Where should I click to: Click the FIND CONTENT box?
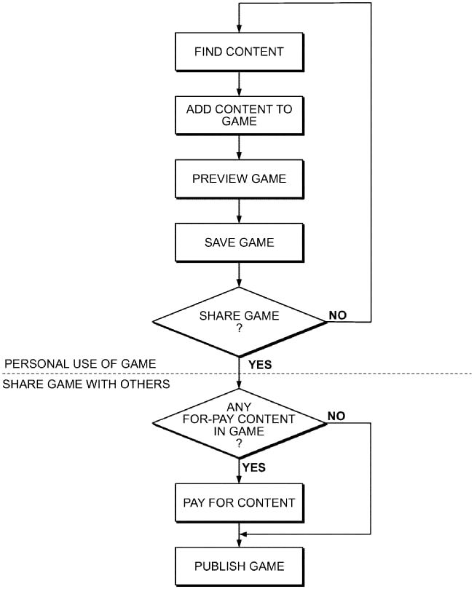pyautogui.click(x=239, y=52)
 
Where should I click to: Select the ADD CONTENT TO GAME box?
pyautogui.click(x=239, y=115)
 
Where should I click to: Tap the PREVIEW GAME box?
pyautogui.click(x=239, y=179)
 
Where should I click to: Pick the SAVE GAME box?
pyautogui.click(x=239, y=242)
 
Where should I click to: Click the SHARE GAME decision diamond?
pyautogui.click(x=239, y=321)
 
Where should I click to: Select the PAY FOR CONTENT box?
pyautogui.click(x=239, y=502)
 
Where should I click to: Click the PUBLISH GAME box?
pyautogui.click(x=239, y=566)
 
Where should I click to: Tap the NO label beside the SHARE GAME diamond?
pyautogui.click(x=337, y=315)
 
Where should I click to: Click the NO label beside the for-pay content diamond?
pyautogui.click(x=336, y=416)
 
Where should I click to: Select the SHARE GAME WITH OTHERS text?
pyautogui.click(x=86, y=384)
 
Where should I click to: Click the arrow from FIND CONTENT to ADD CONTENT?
pyautogui.click(x=239, y=82)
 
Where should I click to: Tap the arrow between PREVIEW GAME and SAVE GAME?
pyautogui.click(x=239, y=210)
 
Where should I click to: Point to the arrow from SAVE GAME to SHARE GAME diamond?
pyautogui.click(x=239, y=274)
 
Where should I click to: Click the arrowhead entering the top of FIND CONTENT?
pyautogui.click(x=239, y=28)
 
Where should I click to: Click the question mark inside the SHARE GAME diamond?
pyautogui.click(x=239, y=328)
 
